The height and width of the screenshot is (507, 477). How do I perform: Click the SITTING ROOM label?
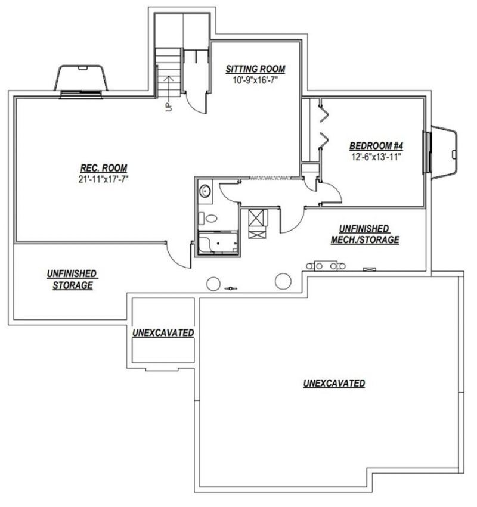click(255, 69)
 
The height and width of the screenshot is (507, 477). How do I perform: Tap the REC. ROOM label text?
click(104, 168)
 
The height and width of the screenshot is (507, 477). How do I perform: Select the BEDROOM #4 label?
click(376, 146)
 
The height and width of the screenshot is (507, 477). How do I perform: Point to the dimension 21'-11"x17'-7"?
click(104, 179)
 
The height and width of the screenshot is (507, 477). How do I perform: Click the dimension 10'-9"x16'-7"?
click(255, 80)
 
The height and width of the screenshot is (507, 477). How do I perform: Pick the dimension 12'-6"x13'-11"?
click(376, 157)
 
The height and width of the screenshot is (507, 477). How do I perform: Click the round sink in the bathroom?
click(205, 191)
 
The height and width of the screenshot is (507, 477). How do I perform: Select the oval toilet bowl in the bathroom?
click(211, 219)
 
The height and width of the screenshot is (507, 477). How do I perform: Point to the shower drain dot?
click(218, 243)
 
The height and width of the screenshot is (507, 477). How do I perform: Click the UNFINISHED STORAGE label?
click(73, 279)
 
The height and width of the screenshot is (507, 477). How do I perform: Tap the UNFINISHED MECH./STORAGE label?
click(365, 234)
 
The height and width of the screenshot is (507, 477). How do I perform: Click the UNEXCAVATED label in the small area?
click(163, 332)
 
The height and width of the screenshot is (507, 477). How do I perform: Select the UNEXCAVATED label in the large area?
click(334, 383)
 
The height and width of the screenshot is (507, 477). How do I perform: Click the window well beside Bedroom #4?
click(444, 152)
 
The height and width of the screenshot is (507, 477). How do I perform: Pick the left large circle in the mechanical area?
click(213, 284)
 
